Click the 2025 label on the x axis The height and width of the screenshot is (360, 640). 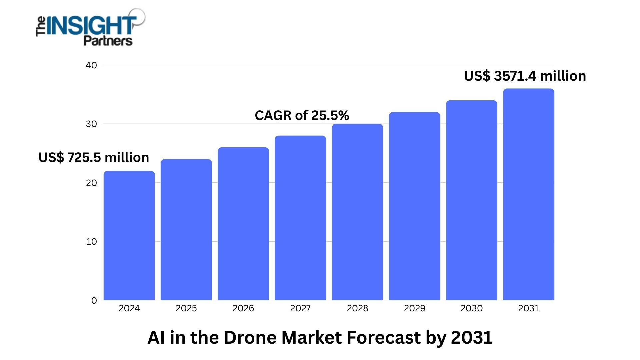click(186, 308)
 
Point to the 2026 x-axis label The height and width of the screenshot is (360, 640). click(243, 308)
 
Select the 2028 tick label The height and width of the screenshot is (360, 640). click(357, 308)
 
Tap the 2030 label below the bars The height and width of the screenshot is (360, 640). click(471, 308)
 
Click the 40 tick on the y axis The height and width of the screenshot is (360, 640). click(91, 65)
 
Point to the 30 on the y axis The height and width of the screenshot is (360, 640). click(91, 124)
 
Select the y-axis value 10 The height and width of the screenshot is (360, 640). click(91, 242)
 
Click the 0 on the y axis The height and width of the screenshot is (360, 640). click(94, 301)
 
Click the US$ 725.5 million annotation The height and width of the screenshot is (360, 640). click(94, 157)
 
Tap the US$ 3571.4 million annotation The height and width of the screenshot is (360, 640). click(525, 76)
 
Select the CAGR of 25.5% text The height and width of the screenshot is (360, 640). click(302, 115)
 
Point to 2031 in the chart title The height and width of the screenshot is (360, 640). click(472, 337)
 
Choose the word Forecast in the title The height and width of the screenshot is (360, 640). click(384, 337)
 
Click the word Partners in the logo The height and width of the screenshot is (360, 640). click(108, 41)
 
